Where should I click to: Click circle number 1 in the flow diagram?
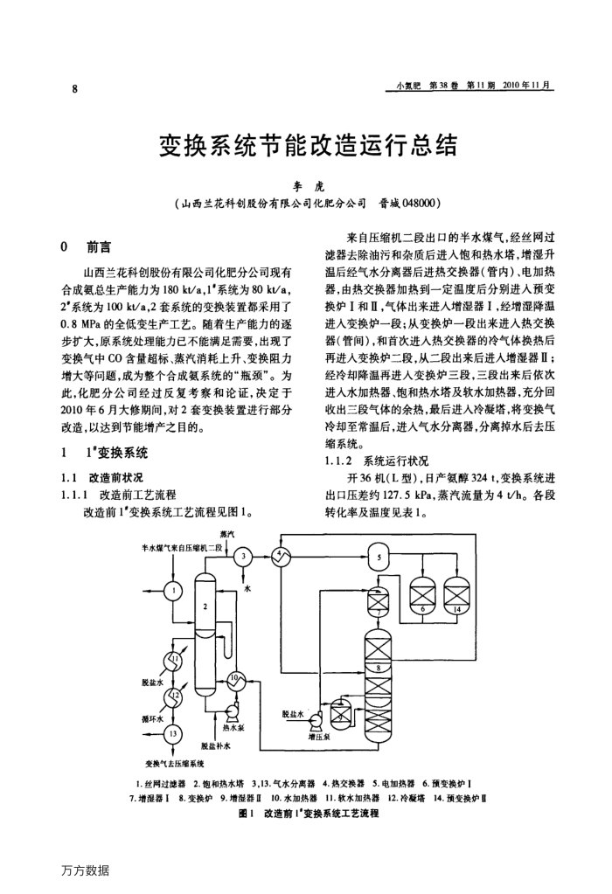point(174,590)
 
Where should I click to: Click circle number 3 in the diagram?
point(244,556)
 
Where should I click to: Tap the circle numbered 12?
point(174,696)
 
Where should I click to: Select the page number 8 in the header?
point(75,88)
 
